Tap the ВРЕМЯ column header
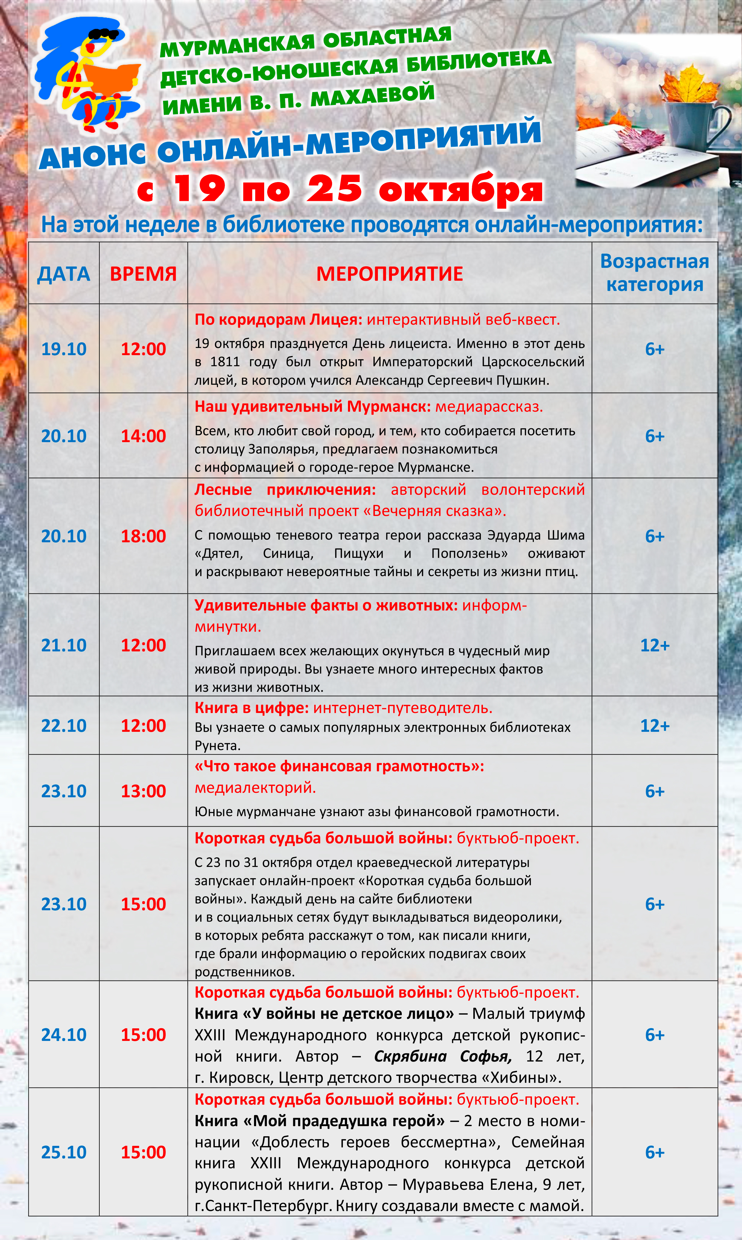(143, 274)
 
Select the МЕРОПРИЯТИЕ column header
(390, 274)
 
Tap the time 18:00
(143, 536)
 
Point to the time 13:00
(143, 791)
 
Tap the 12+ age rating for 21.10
(655, 645)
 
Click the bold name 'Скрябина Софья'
(443, 1056)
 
